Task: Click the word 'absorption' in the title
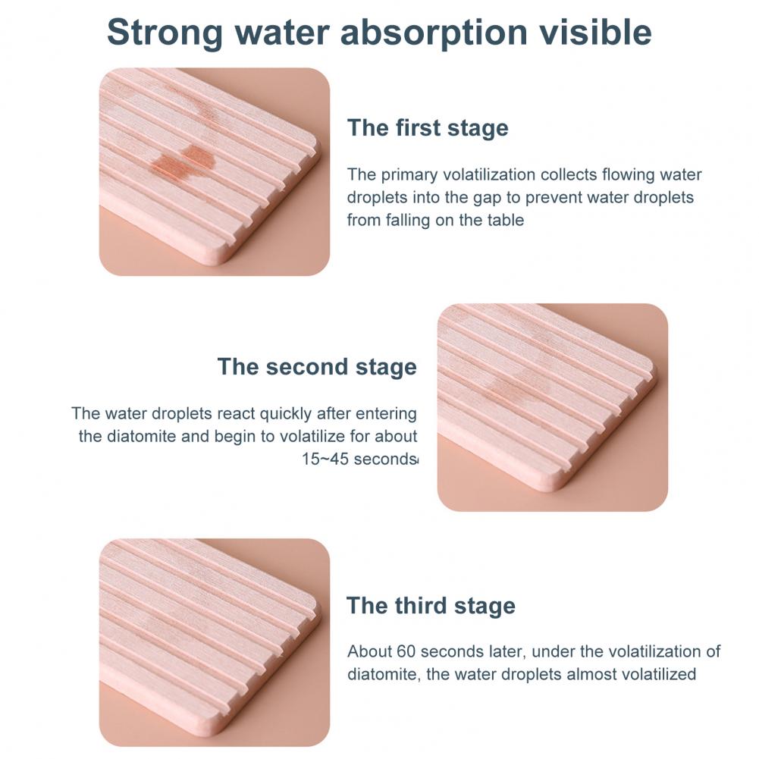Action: click(x=434, y=33)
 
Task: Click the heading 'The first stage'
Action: click(x=428, y=128)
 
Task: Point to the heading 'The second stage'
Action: click(x=317, y=366)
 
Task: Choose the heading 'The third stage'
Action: click(x=431, y=606)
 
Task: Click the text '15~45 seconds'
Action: click(x=359, y=459)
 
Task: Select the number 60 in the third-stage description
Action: click(x=406, y=651)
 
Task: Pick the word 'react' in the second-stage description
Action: click(x=236, y=414)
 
